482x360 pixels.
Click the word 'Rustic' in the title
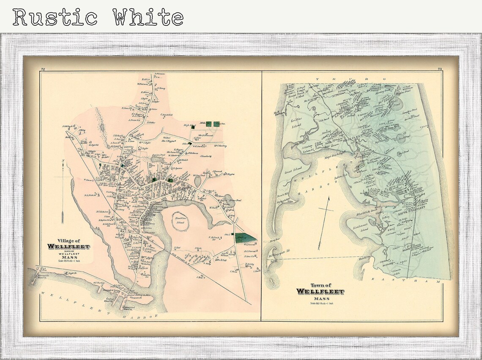coord(55,17)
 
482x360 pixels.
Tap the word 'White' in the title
coord(148,17)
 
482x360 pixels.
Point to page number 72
coord(43,69)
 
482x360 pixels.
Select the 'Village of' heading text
coord(68,240)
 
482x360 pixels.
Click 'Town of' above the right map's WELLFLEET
coord(320,285)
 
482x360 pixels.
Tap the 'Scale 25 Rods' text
coord(68,260)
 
